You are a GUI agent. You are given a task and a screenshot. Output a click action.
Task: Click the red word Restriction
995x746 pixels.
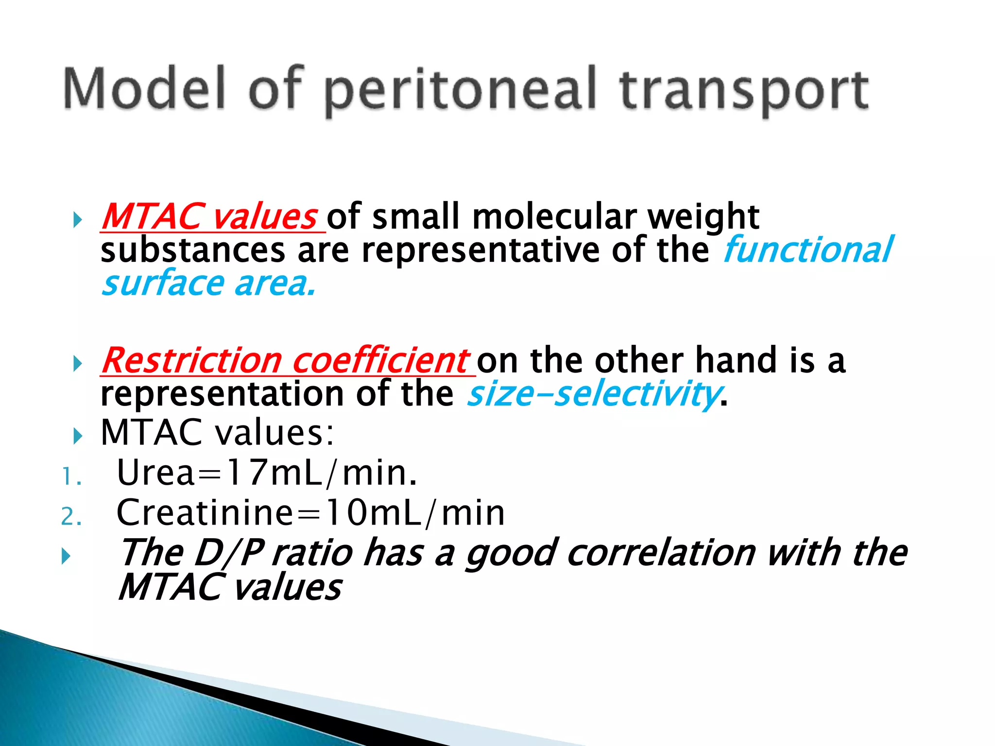point(192,361)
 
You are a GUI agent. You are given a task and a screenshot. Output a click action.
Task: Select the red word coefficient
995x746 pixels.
point(380,361)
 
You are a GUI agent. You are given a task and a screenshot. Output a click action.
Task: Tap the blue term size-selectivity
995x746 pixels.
point(593,394)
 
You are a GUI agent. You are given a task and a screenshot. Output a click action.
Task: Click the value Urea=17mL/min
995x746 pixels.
point(267,473)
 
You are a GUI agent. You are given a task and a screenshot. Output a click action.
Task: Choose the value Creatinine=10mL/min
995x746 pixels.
point(310,513)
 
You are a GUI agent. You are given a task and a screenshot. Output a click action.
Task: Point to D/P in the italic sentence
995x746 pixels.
point(228,553)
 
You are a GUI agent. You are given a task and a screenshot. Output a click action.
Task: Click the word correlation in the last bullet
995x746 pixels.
point(661,553)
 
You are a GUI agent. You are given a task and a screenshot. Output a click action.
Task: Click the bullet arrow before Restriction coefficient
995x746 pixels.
point(77,363)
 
